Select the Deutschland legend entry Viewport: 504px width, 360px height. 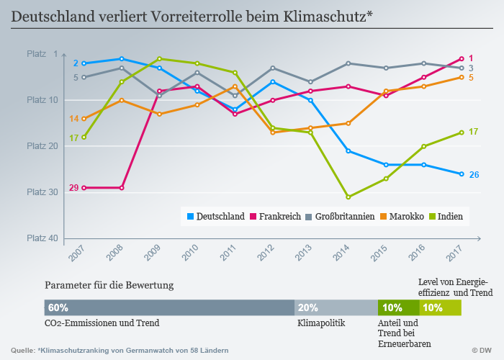pyautogui.click(x=214, y=216)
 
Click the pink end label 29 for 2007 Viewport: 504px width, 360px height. pyautogui.click(x=73, y=188)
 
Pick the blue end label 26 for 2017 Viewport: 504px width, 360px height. pyautogui.click(x=474, y=174)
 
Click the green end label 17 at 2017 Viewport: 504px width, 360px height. pyautogui.click(x=473, y=132)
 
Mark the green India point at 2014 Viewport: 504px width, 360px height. pyautogui.click(x=348, y=197)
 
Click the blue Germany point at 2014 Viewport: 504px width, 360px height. pyautogui.click(x=348, y=150)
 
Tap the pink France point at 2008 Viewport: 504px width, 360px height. pyautogui.click(x=122, y=188)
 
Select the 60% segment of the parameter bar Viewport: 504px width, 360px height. pyautogui.click(x=169, y=307)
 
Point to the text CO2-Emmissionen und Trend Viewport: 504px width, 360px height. pyautogui.click(x=102, y=323)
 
